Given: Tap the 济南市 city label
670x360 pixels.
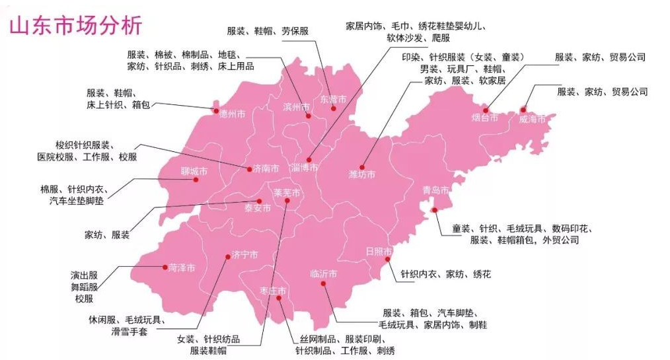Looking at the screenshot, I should pyautogui.click(x=266, y=168).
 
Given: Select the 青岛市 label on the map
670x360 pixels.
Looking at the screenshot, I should pyautogui.click(x=436, y=190).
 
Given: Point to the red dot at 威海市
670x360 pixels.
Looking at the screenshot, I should pyautogui.click(x=523, y=110).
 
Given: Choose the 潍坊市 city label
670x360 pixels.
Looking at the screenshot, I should pyautogui.click(x=361, y=175).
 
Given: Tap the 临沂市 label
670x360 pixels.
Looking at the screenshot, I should pyautogui.click(x=324, y=273).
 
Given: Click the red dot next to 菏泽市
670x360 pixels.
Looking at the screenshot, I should pyautogui.click(x=165, y=267).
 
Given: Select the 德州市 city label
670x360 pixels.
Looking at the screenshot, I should pyautogui.click(x=232, y=114).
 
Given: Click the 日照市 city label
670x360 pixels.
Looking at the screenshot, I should pyautogui.click(x=379, y=252).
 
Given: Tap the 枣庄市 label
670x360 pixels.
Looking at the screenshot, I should pyautogui.click(x=273, y=291).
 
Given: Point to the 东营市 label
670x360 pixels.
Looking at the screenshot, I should pyautogui.click(x=332, y=100).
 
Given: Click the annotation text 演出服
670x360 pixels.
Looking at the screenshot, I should pyautogui.click(x=84, y=275).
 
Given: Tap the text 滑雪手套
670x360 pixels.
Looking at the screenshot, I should pyautogui.click(x=129, y=332).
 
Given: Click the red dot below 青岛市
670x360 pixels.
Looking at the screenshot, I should pyautogui.click(x=434, y=210).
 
